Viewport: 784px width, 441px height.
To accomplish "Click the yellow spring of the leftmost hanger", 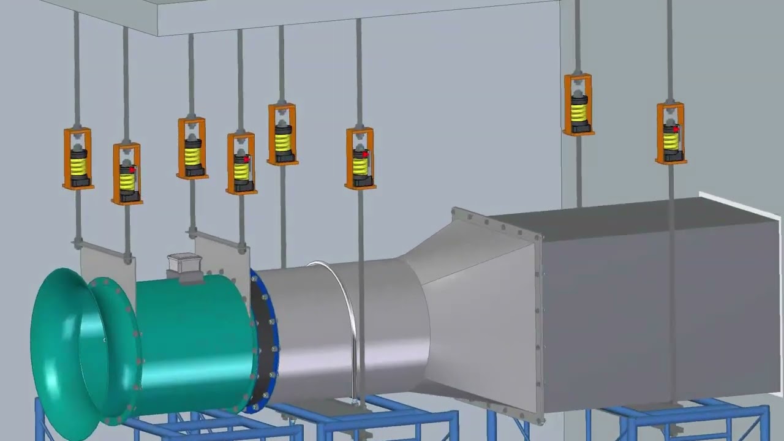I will tap(78, 164).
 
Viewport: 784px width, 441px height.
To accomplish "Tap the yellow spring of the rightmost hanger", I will tap(671, 141).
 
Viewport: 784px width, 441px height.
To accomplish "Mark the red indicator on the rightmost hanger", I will tap(676, 129).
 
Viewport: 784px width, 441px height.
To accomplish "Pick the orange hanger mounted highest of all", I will tap(578, 104).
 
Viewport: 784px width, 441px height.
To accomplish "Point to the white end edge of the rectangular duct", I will tap(741, 205).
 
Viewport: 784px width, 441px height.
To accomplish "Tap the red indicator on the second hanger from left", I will tap(131, 169).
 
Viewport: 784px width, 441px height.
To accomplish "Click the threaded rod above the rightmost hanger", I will tap(669, 49).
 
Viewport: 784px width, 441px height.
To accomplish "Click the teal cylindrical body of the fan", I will tap(196, 343).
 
